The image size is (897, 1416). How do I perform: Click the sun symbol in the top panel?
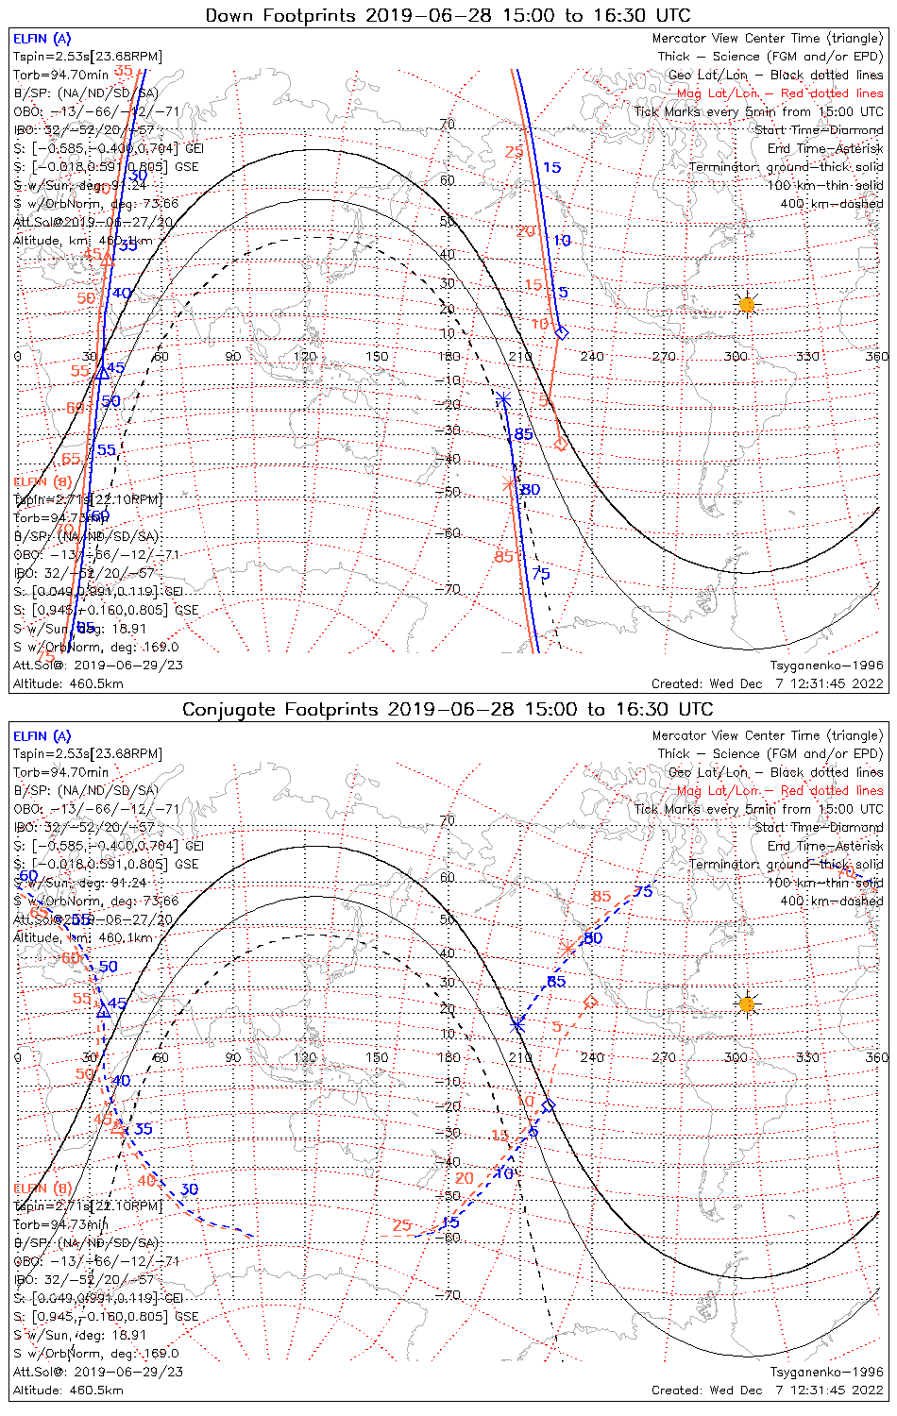pos(747,304)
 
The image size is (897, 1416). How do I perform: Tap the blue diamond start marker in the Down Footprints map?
pos(562,332)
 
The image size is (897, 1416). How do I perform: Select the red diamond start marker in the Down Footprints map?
pos(560,444)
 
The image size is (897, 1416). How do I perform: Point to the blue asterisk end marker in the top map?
pos(504,400)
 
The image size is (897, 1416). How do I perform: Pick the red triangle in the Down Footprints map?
pos(107,257)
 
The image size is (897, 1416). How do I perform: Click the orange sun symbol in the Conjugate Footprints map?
pos(747,1003)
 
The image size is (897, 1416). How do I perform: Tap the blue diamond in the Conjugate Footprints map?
pos(549,1104)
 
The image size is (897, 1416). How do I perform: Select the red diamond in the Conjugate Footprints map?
pos(590,1001)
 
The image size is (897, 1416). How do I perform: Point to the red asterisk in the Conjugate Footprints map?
pos(567,947)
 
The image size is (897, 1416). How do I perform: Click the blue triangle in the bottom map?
pos(104,1012)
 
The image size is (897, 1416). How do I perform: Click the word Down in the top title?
pos(228,15)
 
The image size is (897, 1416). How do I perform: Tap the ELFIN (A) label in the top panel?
pos(42,39)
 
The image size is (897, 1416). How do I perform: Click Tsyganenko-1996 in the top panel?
pos(826,666)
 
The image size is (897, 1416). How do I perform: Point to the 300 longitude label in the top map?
pos(736,356)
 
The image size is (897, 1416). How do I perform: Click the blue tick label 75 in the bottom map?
pos(643,891)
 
